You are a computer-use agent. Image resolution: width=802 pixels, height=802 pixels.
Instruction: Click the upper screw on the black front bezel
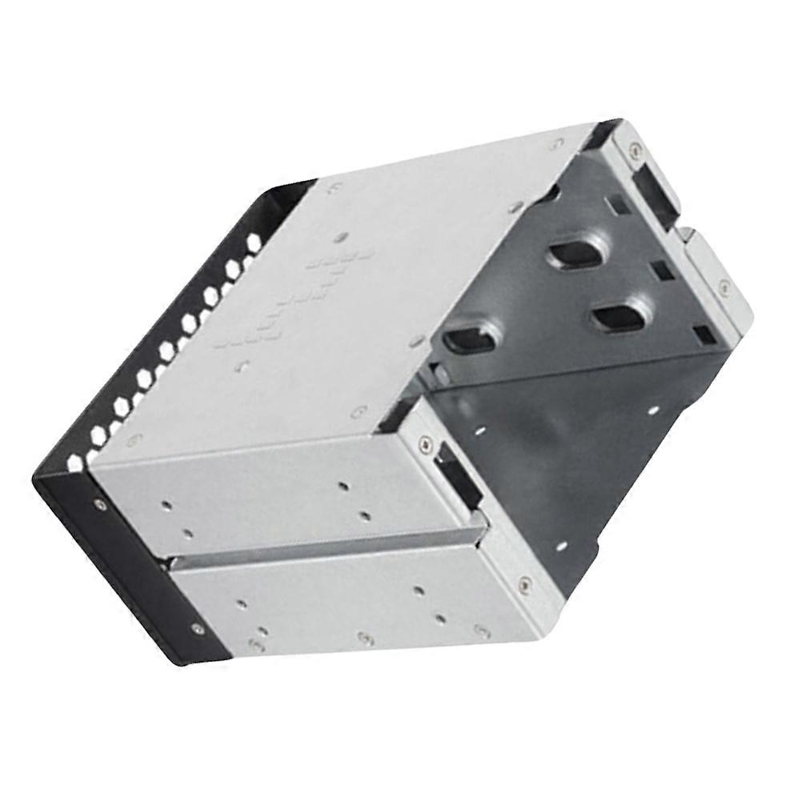click(98, 503)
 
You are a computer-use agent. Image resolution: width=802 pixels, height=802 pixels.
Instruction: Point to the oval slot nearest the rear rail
click(619, 317)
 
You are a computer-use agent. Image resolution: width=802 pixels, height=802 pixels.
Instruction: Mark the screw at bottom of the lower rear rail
click(525, 583)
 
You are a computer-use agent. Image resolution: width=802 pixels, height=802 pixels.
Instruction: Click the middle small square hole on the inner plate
click(661, 270)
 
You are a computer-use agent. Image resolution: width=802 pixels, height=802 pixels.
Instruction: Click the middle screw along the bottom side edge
click(367, 638)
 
